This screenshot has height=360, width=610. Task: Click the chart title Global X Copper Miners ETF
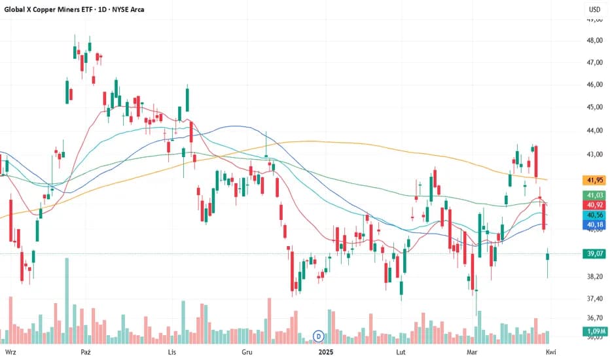(46, 10)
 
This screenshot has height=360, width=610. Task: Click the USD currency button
(594, 10)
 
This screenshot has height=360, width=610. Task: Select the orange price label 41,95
(594, 179)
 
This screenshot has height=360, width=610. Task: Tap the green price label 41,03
(594, 195)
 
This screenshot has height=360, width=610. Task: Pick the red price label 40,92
(594, 205)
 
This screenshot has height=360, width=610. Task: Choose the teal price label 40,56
(594, 215)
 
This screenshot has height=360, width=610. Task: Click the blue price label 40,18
(594, 225)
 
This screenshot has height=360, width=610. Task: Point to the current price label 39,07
(594, 254)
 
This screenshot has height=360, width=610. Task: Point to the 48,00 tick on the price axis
(594, 41)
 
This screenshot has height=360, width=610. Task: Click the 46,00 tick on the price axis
(594, 85)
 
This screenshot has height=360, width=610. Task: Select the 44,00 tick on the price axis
(594, 131)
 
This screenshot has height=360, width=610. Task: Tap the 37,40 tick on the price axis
(594, 298)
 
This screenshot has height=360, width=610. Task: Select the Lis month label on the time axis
(172, 352)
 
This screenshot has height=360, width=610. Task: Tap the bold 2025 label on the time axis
(327, 352)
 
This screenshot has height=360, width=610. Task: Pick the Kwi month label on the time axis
(551, 352)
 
